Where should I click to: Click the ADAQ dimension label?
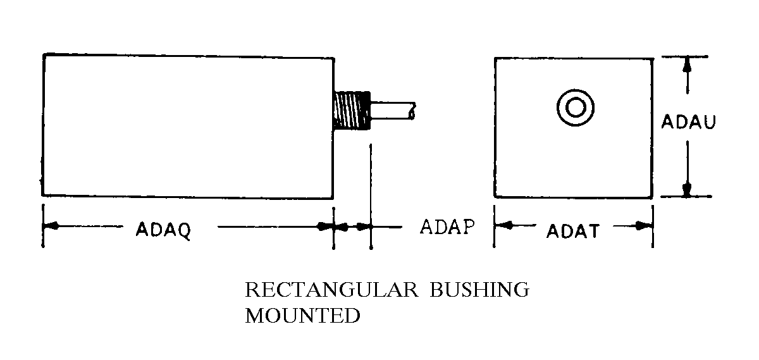point(163,230)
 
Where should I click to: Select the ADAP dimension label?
point(447,227)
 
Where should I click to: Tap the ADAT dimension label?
point(572,231)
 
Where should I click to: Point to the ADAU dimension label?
point(688,122)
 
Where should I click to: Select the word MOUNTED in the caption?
point(302,315)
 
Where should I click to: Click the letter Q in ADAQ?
point(184,230)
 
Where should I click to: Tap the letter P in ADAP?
point(467,227)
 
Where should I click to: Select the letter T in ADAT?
point(592,231)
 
